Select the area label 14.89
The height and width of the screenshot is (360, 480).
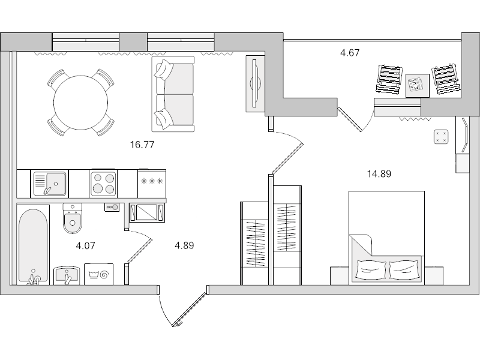point(379,174)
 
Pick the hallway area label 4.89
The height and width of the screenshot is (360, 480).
point(184,245)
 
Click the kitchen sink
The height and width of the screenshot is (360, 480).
point(50,183)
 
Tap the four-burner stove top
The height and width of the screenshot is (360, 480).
point(103,183)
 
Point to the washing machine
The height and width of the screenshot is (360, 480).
point(99,274)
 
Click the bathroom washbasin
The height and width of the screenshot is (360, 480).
point(67,275)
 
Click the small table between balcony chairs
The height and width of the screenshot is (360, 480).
point(418,85)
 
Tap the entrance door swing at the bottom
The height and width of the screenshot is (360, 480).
point(190,309)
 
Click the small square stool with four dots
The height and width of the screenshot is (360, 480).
point(441,137)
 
